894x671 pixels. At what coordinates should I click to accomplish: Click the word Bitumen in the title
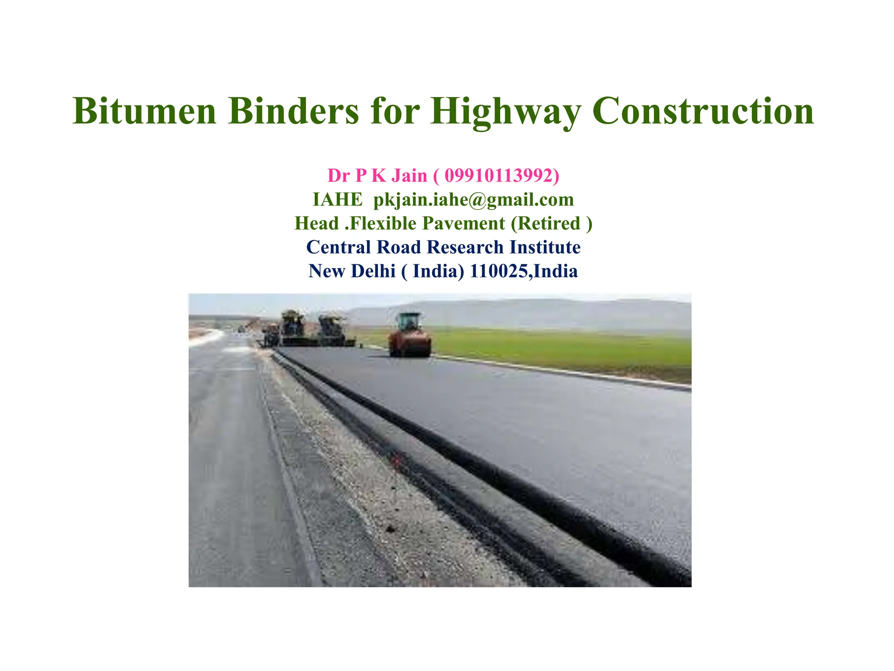tap(144, 111)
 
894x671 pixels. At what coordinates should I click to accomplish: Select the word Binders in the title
tap(293, 111)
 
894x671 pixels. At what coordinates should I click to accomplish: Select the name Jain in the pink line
tap(409, 176)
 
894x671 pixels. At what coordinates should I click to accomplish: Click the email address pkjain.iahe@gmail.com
tap(474, 200)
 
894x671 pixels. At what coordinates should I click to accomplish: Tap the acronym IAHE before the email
tap(337, 200)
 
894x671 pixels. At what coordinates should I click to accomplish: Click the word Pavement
tap(464, 223)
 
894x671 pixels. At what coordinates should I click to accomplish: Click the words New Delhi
tap(352, 271)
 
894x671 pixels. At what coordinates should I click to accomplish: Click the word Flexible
tap(383, 223)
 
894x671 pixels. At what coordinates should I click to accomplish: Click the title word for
tap(395, 111)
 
